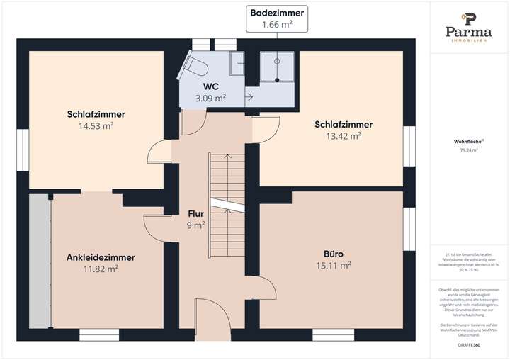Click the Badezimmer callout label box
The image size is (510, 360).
pyautogui.click(x=270, y=18)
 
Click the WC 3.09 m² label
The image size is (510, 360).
pyautogui.click(x=210, y=93)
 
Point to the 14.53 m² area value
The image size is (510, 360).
pyautogui.click(x=97, y=125)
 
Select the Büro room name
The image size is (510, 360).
pyautogui.click(x=334, y=254)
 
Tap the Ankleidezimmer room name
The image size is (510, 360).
pyautogui.click(x=101, y=257)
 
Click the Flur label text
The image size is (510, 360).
pyautogui.click(x=195, y=213)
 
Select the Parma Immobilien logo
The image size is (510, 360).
pyautogui.click(x=468, y=27)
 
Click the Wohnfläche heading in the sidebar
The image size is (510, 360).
pyautogui.click(x=468, y=141)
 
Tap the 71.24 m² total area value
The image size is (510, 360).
pyautogui.click(x=468, y=150)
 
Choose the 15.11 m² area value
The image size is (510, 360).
pyautogui.click(x=334, y=266)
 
